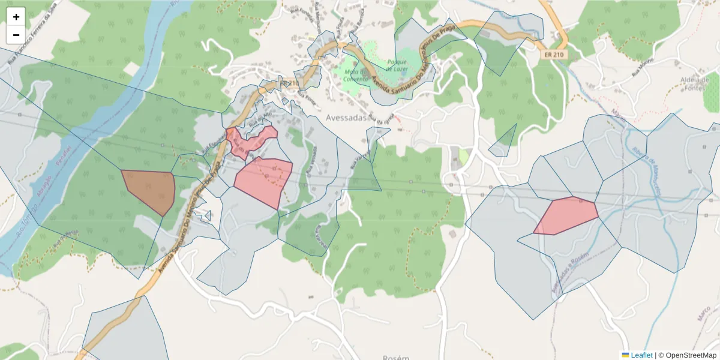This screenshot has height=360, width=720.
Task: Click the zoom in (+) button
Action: pyautogui.click(x=16, y=17)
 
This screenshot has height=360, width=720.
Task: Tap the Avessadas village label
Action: pyautogui.click(x=346, y=118)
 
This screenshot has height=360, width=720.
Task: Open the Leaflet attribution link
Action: pyautogui.click(x=641, y=355)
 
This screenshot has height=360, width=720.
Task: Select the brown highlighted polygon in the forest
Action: pyautogui.click(x=149, y=190)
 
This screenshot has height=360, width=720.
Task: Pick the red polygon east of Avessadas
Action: pyautogui.click(x=566, y=215)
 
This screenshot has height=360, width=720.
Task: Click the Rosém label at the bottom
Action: pyautogui.click(x=395, y=357)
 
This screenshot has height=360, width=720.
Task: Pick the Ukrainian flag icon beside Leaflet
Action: pyautogui.click(x=625, y=355)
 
